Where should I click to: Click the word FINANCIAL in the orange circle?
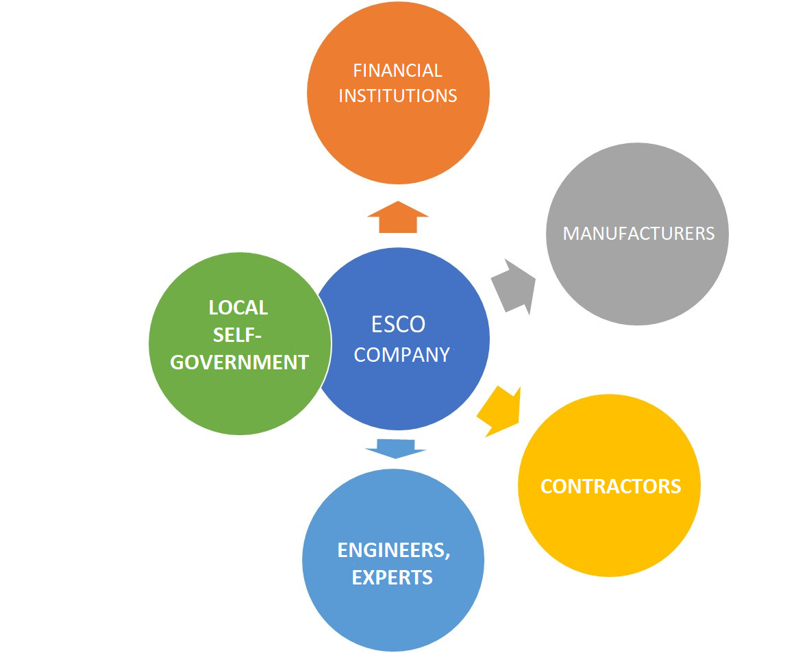tap(397, 71)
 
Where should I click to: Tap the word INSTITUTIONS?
tap(397, 96)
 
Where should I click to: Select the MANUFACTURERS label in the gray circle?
tap(638, 234)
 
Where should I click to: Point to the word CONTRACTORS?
tap(610, 486)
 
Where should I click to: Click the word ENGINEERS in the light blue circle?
tap(393, 550)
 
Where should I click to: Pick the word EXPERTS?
tap(393, 578)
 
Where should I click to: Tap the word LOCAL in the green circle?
tap(238, 308)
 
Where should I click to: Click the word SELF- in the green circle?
tap(238, 335)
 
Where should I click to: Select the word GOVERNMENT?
tap(239, 362)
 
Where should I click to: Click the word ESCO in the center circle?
tap(398, 324)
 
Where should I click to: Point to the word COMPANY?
tap(401, 355)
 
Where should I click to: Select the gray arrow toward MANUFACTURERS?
tap(514, 287)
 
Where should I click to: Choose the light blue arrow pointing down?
tap(395, 448)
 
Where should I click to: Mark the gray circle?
tap(637, 281)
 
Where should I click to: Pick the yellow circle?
tap(609, 534)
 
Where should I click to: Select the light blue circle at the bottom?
tap(393, 617)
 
